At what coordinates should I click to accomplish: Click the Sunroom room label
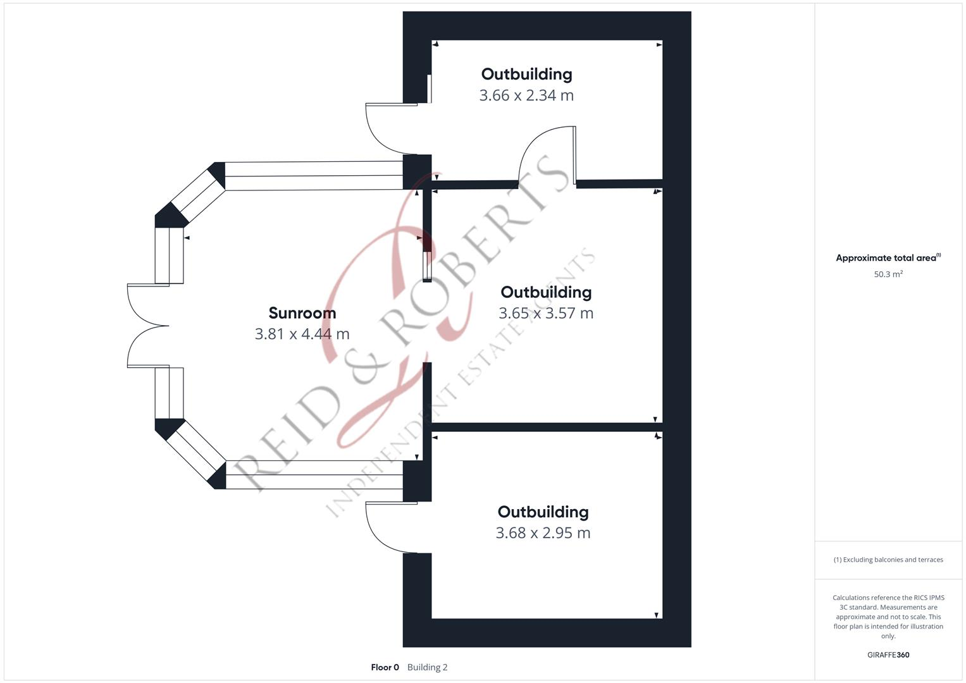(x=302, y=313)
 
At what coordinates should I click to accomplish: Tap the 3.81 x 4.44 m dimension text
(x=302, y=334)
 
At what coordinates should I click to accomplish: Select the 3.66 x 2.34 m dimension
(x=526, y=95)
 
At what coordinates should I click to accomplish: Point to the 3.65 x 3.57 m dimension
(x=545, y=313)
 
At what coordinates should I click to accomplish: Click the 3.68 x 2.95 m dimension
(x=543, y=533)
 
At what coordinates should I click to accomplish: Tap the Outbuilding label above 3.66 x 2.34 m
(x=526, y=74)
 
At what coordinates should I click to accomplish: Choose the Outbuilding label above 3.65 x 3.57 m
(x=546, y=292)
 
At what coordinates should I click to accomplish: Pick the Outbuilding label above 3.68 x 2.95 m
(x=543, y=512)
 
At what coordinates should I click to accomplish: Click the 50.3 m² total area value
(x=888, y=274)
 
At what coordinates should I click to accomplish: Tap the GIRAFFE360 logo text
(x=888, y=655)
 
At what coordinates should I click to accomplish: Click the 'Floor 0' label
(x=385, y=667)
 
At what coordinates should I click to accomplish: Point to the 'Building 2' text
(x=427, y=667)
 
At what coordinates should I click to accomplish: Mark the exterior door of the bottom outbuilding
(x=388, y=527)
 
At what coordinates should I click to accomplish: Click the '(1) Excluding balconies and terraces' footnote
(x=888, y=560)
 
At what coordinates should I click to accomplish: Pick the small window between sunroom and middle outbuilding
(x=427, y=266)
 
